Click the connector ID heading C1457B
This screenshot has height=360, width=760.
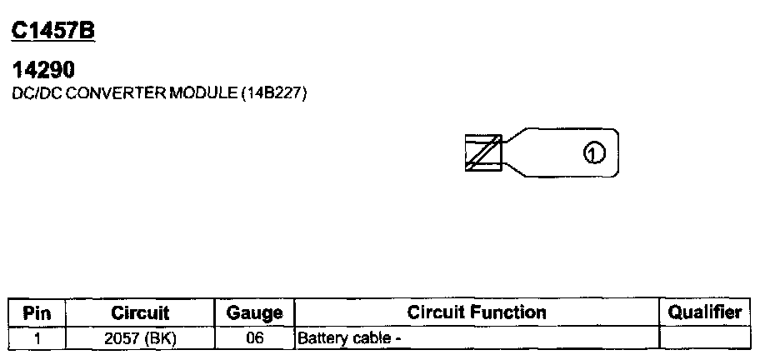point(52,32)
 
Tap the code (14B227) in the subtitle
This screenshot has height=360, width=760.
point(274,94)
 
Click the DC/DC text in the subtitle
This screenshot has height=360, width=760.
point(37,94)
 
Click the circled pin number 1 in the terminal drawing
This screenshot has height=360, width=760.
point(592,153)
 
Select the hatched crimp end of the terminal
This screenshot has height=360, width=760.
point(482,152)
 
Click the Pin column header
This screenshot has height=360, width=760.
point(37,313)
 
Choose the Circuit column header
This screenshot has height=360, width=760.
point(140,313)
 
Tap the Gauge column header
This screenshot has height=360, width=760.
point(254,313)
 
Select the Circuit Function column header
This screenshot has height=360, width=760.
point(477,312)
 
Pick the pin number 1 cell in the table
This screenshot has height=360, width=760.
point(37,338)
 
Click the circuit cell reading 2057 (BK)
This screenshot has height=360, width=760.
point(140,338)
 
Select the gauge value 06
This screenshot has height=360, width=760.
point(254,338)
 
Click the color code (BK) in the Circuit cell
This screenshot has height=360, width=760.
point(162,338)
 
